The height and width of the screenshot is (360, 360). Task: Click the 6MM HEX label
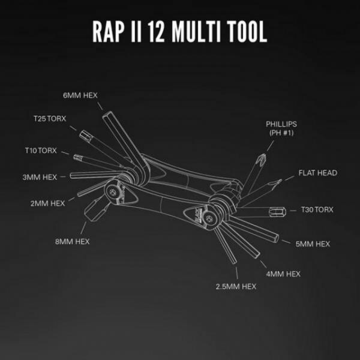pyautogui.click(x=80, y=95)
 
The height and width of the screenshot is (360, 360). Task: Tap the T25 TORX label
pyautogui.click(x=50, y=119)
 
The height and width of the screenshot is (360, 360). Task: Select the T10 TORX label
pyautogui.click(x=41, y=151)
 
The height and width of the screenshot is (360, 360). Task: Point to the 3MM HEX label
pyautogui.click(x=40, y=177)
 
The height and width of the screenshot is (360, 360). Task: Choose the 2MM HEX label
pyautogui.click(x=47, y=203)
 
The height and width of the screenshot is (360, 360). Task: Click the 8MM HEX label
pyautogui.click(x=72, y=242)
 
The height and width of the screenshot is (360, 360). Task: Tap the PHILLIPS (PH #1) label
pyautogui.click(x=281, y=128)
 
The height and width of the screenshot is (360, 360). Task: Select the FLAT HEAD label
pyautogui.click(x=318, y=173)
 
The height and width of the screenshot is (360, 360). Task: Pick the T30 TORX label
pyautogui.click(x=317, y=209)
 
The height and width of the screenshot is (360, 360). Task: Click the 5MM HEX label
pyautogui.click(x=313, y=244)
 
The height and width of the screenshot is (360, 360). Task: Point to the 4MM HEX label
pyautogui.click(x=283, y=274)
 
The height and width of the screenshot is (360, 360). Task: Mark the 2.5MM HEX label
pyautogui.click(x=236, y=287)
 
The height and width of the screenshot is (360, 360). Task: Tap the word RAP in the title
pyautogui.click(x=108, y=31)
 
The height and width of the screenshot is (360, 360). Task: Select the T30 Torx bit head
pyautogui.click(x=278, y=212)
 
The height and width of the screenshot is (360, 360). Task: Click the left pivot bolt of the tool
pyautogui.click(x=112, y=192)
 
